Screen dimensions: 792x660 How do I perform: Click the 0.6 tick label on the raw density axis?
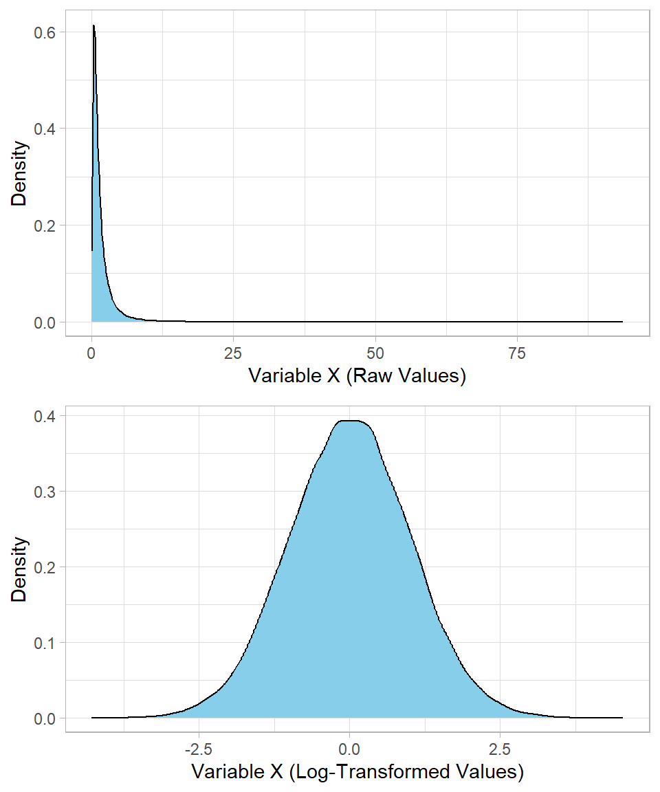point(46,32)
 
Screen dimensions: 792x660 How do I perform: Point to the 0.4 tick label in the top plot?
point(46,129)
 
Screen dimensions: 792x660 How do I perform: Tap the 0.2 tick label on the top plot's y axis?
point(46,225)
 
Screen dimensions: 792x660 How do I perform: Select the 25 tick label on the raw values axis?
point(234,353)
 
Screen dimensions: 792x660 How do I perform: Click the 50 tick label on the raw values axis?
point(375,353)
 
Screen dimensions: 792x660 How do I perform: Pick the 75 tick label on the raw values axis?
point(517,353)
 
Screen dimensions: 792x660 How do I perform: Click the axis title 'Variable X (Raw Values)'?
point(357,377)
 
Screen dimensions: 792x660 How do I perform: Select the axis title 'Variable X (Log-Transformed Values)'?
point(357,772)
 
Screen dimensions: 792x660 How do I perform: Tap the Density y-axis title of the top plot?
point(20,173)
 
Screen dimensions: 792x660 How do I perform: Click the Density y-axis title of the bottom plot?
point(20,569)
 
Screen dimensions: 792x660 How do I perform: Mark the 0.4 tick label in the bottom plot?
point(46,416)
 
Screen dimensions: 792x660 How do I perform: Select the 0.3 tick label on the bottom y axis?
point(46,492)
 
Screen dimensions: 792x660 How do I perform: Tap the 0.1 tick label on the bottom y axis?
point(46,643)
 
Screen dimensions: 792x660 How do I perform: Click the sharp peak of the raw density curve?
point(93,26)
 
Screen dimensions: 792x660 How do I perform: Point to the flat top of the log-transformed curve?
point(351,421)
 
